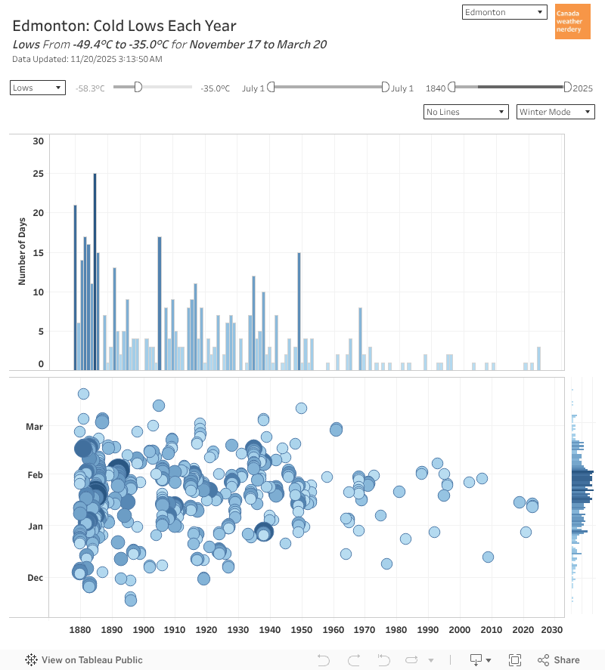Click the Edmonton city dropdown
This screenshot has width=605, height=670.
coord(504,12)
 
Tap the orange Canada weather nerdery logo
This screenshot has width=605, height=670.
coord(572,22)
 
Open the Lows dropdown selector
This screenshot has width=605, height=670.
coord(38,88)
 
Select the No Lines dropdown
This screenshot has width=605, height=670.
coord(466,112)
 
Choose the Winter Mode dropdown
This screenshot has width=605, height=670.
coord(556,112)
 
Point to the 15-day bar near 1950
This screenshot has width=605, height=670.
coord(299,311)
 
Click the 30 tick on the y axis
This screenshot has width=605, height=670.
coord(39,141)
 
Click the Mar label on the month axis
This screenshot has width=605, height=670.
coord(35,427)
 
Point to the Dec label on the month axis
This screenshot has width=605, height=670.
coord(35,578)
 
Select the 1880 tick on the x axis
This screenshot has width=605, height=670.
coord(79,630)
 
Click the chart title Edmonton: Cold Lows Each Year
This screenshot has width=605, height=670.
coord(124,26)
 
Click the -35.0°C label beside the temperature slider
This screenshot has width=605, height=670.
coord(215,88)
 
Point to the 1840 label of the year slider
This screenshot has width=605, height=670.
coord(436,88)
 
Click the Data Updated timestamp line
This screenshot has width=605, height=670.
coord(87,59)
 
